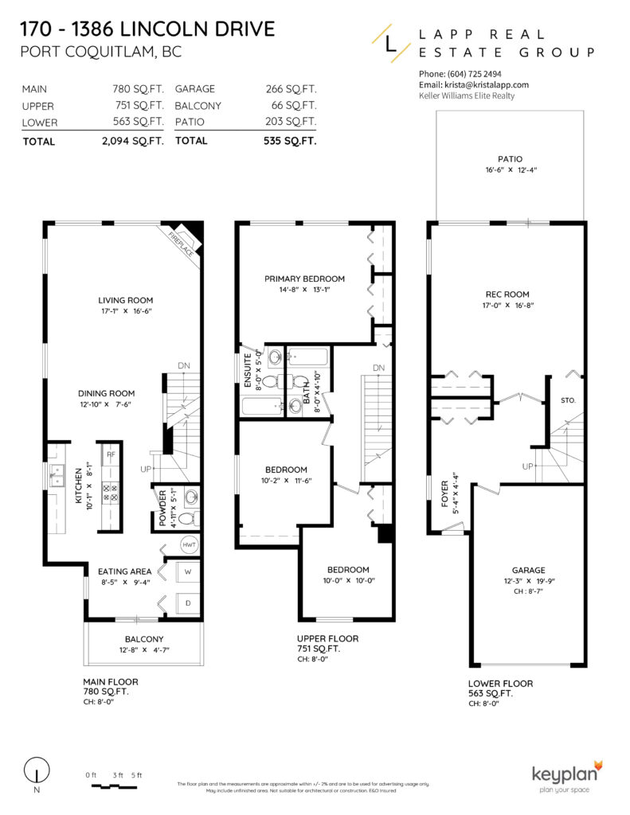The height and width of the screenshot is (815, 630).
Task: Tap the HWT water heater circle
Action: coord(189,545)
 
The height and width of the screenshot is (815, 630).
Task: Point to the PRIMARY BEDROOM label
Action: coord(304,279)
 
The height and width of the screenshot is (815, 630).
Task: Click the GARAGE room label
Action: coord(528,570)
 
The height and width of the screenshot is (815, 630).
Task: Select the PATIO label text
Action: coord(510,158)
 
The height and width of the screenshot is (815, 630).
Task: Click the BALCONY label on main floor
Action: coord(143,639)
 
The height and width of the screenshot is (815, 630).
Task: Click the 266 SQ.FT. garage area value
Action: coord(291,89)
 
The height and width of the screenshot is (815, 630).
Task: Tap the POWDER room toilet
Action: coord(187,519)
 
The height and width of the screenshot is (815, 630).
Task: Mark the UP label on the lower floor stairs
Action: coord(527,466)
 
